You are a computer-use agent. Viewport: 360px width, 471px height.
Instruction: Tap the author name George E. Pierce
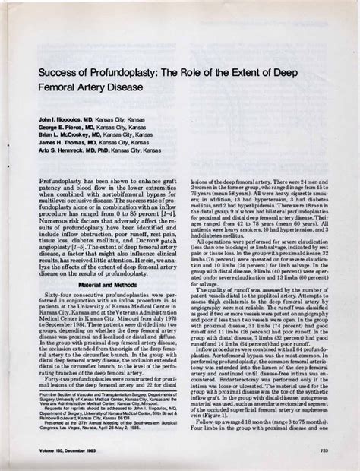coord(58,129)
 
